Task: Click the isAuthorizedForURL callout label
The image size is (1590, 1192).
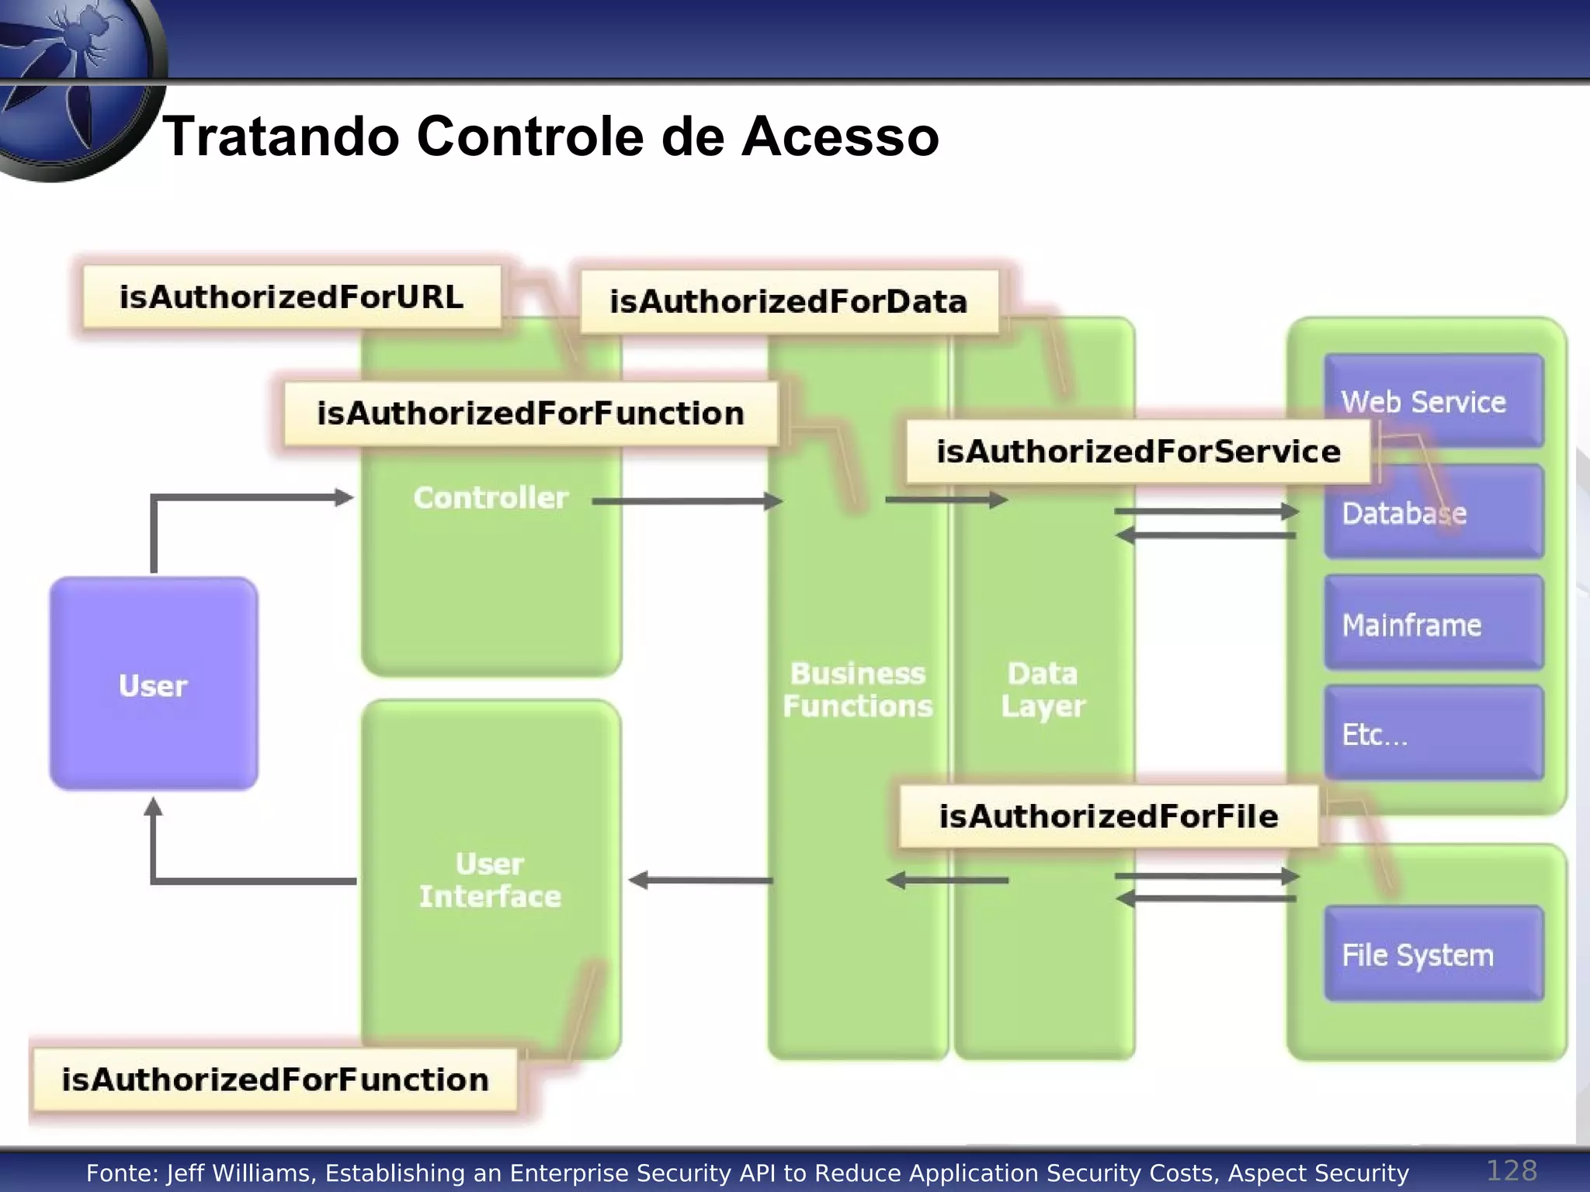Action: coord(291,297)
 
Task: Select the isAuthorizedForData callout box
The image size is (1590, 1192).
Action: coord(789,302)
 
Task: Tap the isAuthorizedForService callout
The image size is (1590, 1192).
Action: coord(1137,452)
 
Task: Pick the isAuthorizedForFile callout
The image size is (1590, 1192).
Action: coord(1108,816)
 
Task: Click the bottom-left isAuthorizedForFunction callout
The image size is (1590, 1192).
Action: coord(274,1079)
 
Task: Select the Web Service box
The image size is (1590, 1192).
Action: coord(1432,401)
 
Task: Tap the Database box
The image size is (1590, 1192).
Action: coord(1432,513)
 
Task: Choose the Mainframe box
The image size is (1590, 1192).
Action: coord(1432,624)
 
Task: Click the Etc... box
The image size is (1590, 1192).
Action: coord(1432,734)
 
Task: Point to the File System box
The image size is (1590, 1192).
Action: coord(1432,955)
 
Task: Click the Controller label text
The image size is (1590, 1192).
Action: coord(491,497)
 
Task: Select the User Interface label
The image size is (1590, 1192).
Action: coord(490,880)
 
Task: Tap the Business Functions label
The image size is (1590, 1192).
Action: coord(857,690)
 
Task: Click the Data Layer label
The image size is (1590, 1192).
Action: coord(1043,690)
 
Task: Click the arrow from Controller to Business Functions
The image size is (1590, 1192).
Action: coord(687,501)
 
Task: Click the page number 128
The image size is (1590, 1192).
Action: coord(1511,1170)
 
